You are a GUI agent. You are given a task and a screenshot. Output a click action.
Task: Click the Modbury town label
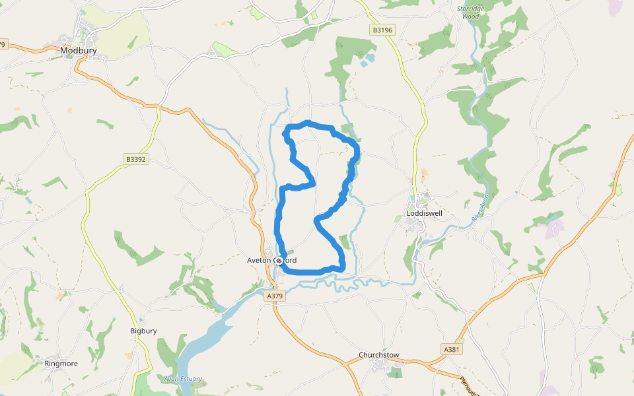click(79, 50)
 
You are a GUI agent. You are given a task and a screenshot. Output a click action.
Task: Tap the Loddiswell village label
click(425, 214)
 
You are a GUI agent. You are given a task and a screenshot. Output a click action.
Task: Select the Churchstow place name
click(379, 355)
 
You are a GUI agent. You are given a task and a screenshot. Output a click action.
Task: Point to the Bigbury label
click(143, 331)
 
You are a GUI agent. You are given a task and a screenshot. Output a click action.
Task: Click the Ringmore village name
click(61, 364)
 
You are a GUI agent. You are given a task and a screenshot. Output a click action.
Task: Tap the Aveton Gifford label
click(281, 261)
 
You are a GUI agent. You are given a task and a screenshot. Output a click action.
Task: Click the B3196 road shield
click(382, 30)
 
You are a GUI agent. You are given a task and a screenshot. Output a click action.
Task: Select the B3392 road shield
click(135, 159)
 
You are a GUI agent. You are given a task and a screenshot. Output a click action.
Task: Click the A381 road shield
click(451, 349)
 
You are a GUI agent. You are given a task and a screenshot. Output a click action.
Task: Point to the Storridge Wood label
click(471, 12)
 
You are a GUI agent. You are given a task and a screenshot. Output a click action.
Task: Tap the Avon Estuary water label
click(183, 379)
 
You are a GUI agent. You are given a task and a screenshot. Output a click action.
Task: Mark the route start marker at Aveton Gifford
click(279, 261)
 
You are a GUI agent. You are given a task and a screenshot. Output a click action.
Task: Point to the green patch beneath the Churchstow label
click(394, 373)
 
